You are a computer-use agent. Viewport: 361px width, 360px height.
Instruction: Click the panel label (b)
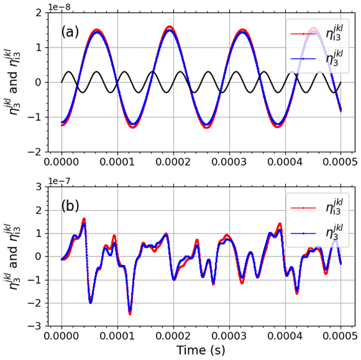click(x=70, y=205)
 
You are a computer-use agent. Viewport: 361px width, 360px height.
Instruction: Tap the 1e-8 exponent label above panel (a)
click(x=60, y=6)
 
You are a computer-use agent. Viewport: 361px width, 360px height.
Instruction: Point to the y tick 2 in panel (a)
click(x=38, y=13)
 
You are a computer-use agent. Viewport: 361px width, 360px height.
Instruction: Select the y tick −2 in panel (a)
click(x=35, y=152)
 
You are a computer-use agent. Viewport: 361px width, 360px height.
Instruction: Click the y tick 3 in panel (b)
click(x=38, y=187)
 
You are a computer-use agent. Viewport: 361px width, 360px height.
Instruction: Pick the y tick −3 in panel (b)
click(x=35, y=326)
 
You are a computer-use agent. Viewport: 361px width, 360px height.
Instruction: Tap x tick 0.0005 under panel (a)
click(x=340, y=163)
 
